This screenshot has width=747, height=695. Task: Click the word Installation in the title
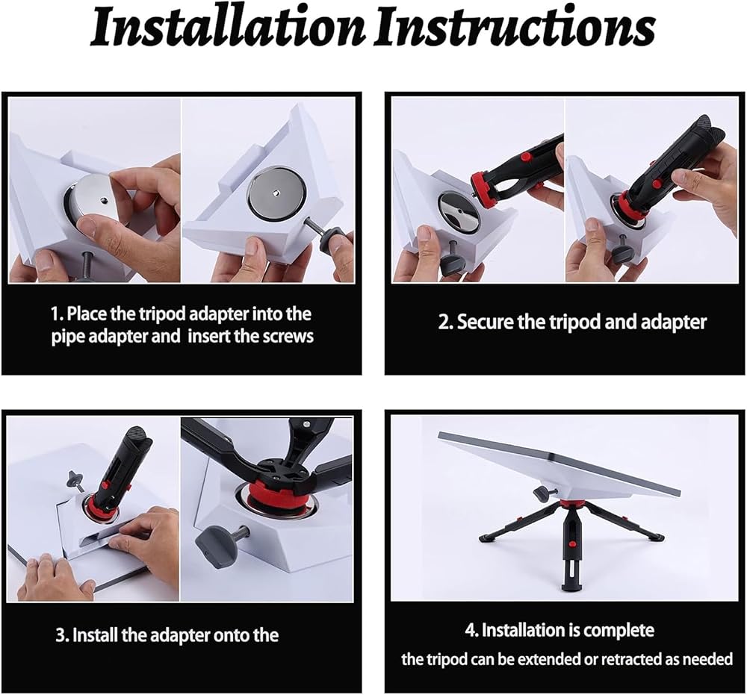coord(228,28)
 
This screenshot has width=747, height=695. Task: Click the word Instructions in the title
coord(515,28)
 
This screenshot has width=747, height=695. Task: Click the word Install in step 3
coord(94,635)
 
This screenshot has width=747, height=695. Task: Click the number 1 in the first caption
coord(56,314)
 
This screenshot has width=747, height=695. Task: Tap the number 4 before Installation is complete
coord(470,630)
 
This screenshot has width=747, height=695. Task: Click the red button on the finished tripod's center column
coord(571,543)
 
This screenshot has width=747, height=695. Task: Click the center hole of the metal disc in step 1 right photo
coord(276,193)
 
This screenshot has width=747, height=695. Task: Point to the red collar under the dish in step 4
coord(570,504)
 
